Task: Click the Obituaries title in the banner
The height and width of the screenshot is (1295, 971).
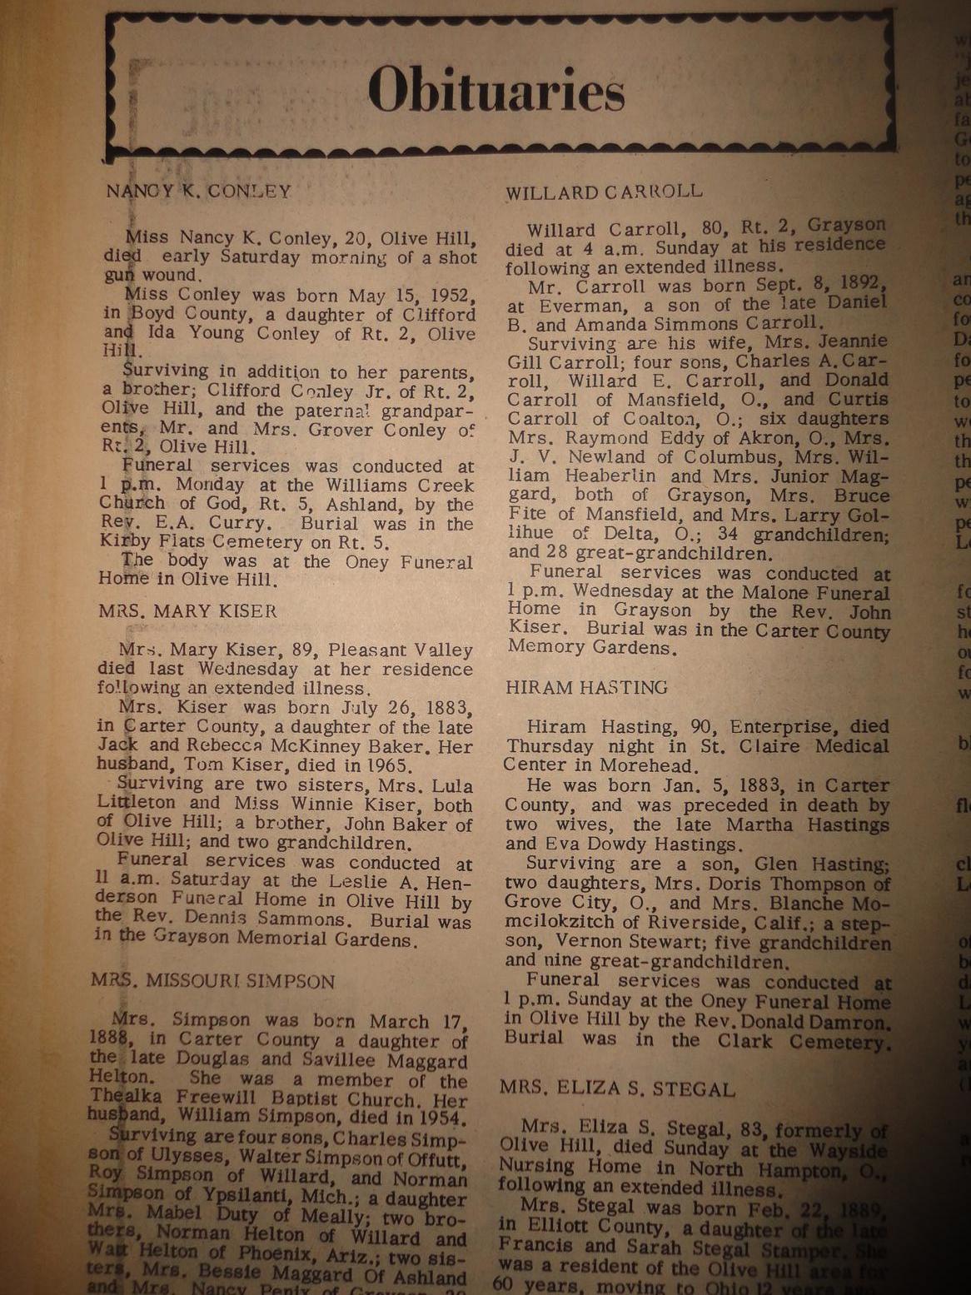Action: (x=495, y=90)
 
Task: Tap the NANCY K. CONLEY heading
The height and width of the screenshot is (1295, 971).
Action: (x=199, y=191)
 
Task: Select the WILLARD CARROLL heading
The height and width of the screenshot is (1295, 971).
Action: (x=604, y=192)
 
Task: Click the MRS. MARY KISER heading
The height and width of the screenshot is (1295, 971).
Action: (x=187, y=610)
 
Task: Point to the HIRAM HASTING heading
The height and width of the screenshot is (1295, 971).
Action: (x=586, y=687)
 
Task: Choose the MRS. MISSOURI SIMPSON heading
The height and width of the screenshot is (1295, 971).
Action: (x=212, y=981)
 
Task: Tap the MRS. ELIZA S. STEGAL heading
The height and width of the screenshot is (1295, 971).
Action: (x=617, y=1088)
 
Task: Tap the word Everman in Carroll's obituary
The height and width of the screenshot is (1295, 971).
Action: (x=575, y=305)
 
